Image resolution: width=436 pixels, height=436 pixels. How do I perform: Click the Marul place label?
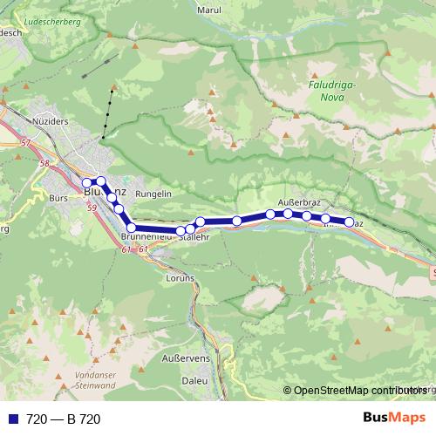210,10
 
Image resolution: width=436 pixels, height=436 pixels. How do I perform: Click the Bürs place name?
59,199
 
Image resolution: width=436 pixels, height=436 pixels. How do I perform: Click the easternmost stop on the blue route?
350,222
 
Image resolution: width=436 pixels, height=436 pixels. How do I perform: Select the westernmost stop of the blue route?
87,183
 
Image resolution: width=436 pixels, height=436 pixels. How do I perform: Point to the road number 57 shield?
25,141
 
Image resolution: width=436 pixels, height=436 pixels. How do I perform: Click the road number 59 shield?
92,208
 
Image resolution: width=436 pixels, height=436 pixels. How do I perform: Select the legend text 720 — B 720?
64,419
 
